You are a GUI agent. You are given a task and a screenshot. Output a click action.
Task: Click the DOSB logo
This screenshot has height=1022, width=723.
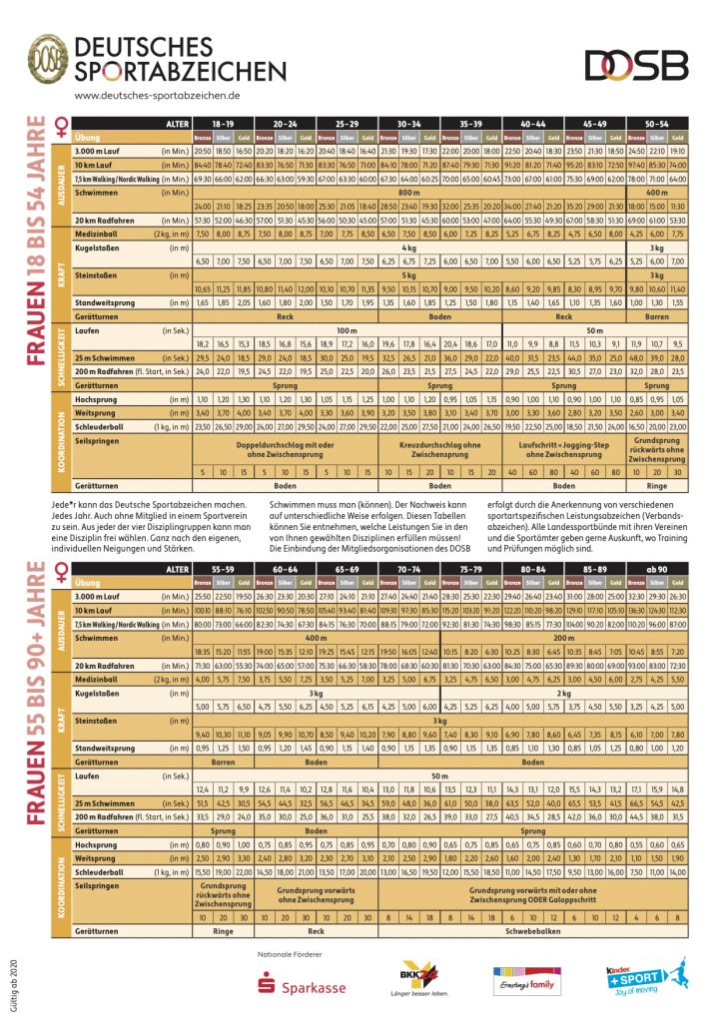(x=636, y=65)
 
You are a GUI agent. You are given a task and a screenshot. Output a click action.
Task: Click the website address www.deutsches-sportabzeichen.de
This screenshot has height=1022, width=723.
(x=157, y=95)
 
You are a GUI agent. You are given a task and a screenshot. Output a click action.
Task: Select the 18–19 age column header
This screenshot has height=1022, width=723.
(x=223, y=123)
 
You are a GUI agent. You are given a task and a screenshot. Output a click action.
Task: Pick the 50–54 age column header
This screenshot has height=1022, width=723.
(x=656, y=123)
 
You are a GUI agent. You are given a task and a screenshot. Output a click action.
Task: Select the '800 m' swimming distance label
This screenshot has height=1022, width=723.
(x=408, y=190)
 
